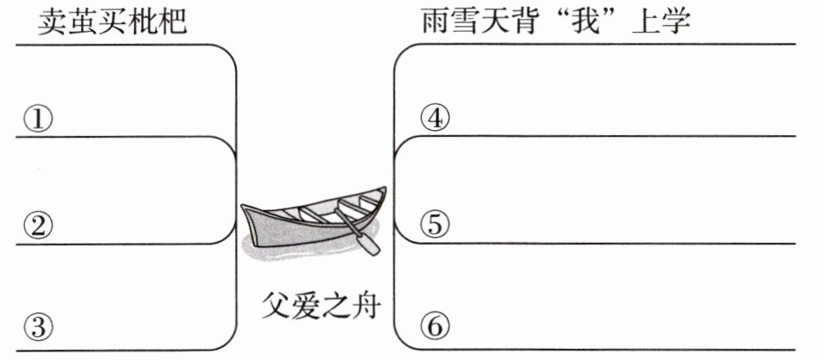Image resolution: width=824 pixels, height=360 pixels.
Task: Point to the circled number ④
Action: pos(436,119)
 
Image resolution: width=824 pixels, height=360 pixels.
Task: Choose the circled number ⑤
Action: pos(436,225)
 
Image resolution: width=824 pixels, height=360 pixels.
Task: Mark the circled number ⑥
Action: pos(436,327)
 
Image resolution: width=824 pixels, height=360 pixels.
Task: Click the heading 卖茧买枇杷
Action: pos(113,21)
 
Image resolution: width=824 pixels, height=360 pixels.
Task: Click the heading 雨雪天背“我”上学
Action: pos(556,21)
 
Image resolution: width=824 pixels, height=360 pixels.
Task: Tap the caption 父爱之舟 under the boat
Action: pos(319,305)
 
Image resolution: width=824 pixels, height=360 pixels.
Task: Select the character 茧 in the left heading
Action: pos(83,21)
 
